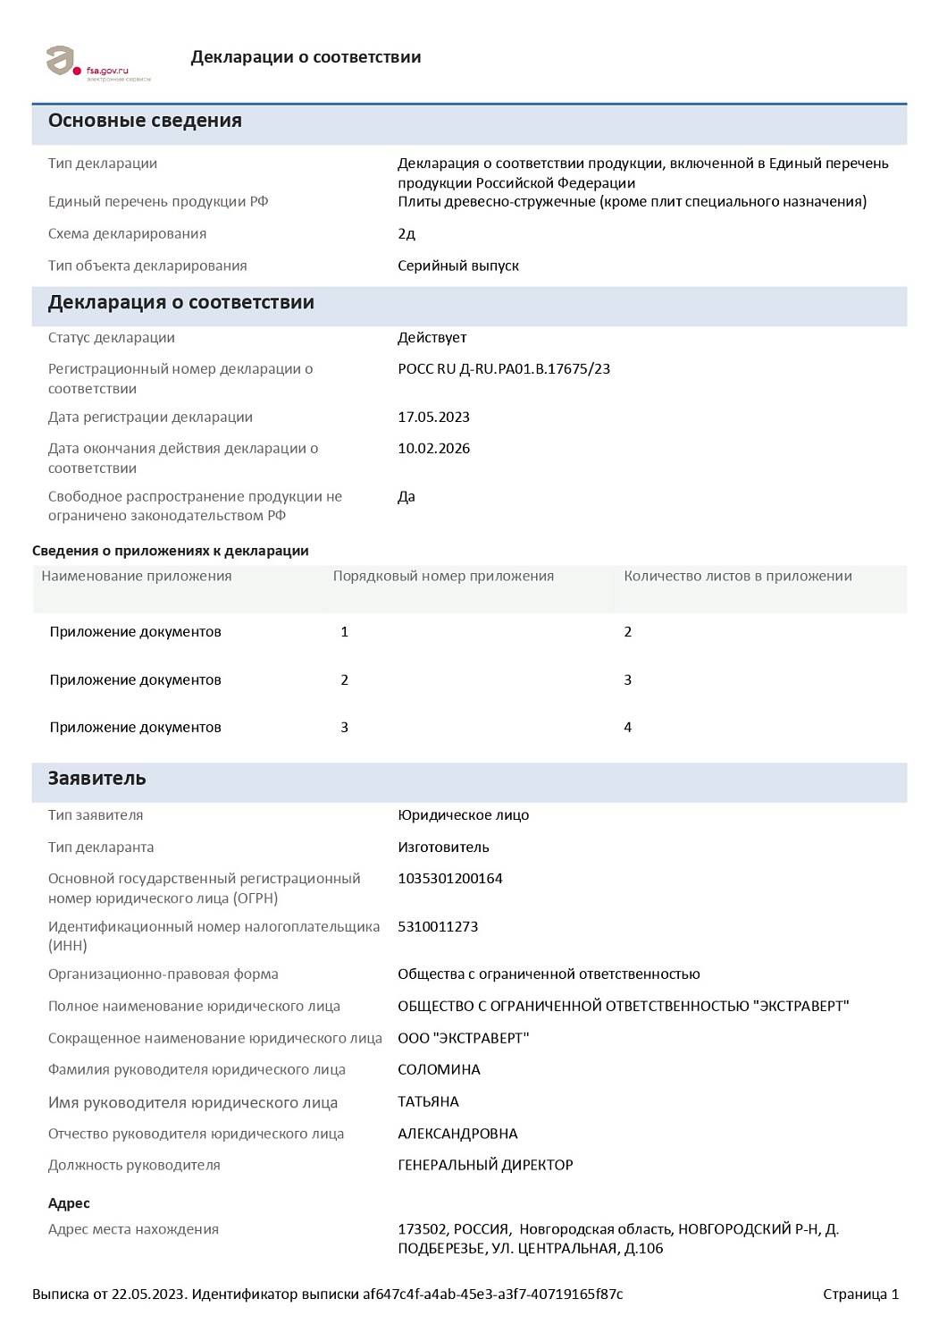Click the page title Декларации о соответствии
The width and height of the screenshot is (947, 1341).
point(306,57)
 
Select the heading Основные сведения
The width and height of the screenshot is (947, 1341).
point(145,121)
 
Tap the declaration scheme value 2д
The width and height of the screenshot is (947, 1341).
point(406,234)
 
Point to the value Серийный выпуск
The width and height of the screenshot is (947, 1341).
point(458,266)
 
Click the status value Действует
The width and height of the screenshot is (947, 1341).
point(432,338)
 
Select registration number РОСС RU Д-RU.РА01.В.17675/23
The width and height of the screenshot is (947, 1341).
point(504,369)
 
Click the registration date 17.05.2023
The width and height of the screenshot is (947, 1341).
point(433,417)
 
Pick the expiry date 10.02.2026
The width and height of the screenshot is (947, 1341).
point(433,449)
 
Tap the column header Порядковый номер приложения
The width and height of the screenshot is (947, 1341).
point(443,577)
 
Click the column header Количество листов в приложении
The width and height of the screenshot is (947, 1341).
point(737,577)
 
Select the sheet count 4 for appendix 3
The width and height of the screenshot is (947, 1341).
point(627,728)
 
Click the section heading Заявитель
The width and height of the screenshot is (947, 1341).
point(96,779)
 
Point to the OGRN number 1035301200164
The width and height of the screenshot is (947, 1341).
point(450,879)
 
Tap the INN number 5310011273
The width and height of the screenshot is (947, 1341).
point(438,927)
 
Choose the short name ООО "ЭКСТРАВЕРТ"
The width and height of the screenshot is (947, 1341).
point(463,1039)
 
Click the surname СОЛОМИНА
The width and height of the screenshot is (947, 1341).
point(439,1070)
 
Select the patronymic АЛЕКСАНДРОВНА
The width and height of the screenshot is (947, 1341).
point(457,1134)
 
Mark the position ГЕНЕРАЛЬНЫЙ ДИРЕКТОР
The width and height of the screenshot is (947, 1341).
point(485,1166)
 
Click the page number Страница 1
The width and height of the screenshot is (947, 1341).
point(860,1295)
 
